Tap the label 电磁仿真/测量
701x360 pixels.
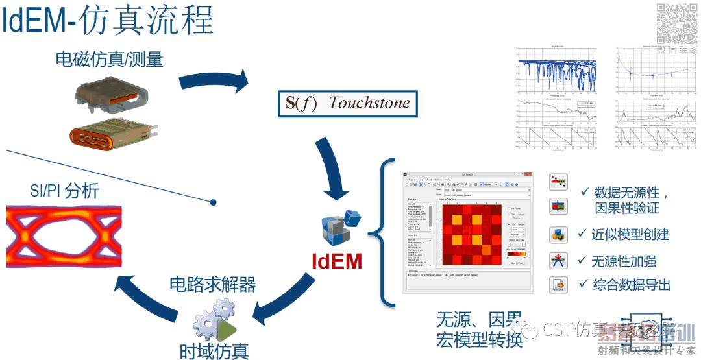point(109,60)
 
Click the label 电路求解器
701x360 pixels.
point(212,284)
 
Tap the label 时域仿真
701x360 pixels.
point(214,351)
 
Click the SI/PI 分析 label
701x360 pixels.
point(65,191)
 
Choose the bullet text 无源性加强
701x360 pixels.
point(624,261)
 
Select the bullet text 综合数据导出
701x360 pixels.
point(631,285)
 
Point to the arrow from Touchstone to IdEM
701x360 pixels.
point(338,169)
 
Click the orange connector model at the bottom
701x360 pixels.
point(112,134)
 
